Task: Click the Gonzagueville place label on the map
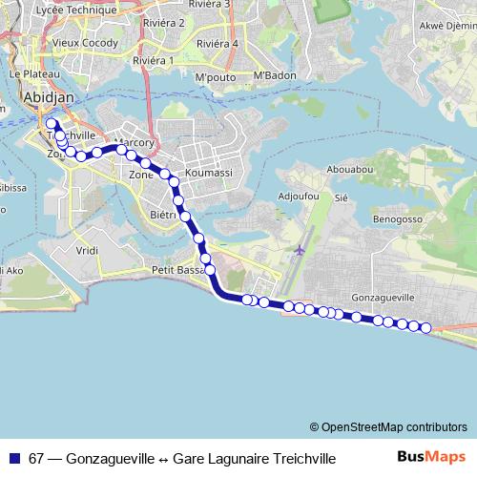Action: pyautogui.click(x=383, y=297)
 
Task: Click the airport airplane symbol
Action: pyautogui.click(x=301, y=250)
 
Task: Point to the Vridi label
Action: pyautogui.click(x=87, y=250)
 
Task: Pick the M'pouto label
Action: pyautogui.click(x=215, y=76)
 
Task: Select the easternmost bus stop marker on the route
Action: pyautogui.click(x=425, y=328)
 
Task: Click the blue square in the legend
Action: pyautogui.click(x=14, y=458)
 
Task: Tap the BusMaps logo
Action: pyautogui.click(x=431, y=457)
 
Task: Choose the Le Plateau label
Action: pyautogui.click(x=28, y=73)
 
